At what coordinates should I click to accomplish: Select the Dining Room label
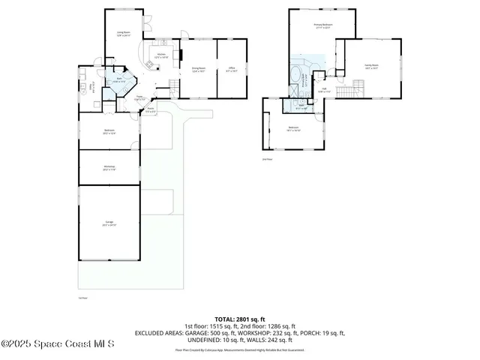point(199,70)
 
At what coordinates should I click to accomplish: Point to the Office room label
point(231,70)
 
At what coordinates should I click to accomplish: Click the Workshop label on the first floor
point(109,168)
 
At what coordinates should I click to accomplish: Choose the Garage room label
point(109,224)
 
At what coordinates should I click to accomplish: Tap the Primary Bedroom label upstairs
point(322,27)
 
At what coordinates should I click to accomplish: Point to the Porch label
point(151,110)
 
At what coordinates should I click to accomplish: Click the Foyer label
point(139,97)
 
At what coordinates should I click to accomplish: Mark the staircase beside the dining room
point(175,85)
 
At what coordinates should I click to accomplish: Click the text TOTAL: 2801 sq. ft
point(240,319)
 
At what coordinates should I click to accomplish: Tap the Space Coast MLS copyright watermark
point(57,343)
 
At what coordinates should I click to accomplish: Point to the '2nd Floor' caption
point(266,160)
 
